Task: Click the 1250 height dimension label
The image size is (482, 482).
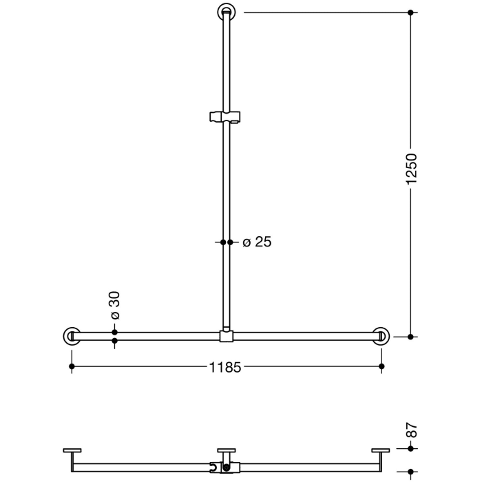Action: pos(411,169)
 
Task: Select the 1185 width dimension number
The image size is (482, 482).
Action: pos(225,368)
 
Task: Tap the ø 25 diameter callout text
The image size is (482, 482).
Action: pos(257,242)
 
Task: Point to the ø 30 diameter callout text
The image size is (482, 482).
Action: pos(115,305)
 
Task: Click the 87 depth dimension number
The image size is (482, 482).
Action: pos(412,431)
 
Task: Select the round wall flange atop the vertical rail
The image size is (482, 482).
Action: pos(227,12)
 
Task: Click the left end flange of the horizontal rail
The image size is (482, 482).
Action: pos(72,336)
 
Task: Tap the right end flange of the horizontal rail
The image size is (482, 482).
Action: pos(381,336)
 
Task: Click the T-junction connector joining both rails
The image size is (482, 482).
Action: pos(227,336)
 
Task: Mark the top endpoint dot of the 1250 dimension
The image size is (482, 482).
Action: pos(411,12)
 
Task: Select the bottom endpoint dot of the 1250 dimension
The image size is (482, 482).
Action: pos(411,337)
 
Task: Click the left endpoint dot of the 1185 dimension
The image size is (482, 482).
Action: pos(72,367)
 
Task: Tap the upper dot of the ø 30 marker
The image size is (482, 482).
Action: pos(115,332)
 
